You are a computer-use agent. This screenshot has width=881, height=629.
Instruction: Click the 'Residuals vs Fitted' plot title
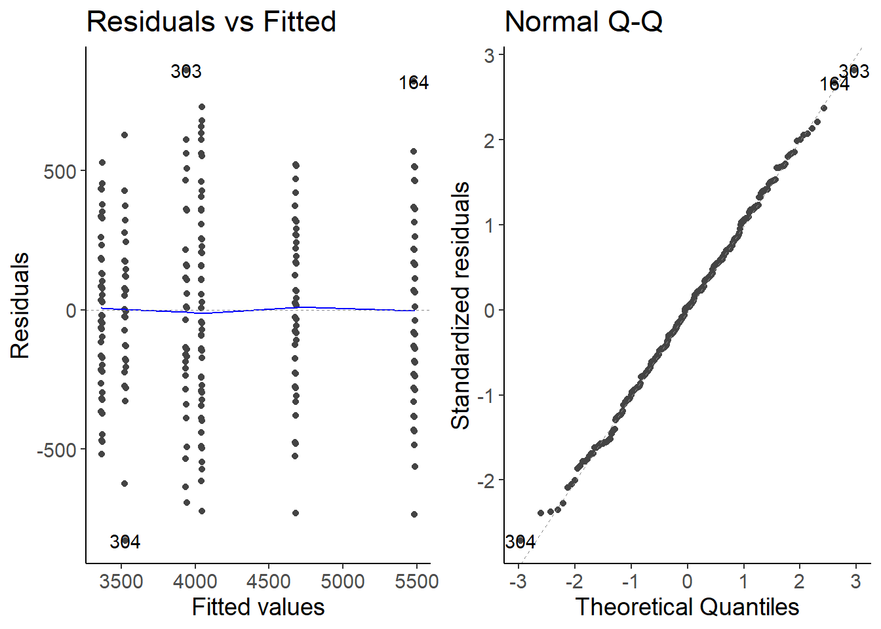click(x=211, y=22)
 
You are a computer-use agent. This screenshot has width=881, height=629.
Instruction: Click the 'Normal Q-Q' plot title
click(x=583, y=22)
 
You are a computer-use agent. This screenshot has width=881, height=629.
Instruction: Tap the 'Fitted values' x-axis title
click(x=258, y=607)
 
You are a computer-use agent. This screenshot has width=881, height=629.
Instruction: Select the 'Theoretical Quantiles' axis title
click(x=687, y=607)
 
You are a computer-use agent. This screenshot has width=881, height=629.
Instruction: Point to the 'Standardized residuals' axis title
click(x=461, y=305)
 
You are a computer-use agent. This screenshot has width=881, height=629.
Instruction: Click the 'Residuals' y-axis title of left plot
click(x=20, y=305)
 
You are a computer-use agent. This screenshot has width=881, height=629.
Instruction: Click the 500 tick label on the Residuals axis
click(x=60, y=172)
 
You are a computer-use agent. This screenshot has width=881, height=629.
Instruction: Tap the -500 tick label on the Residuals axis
click(x=56, y=450)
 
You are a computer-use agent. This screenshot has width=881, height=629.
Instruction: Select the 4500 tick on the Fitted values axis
click(x=269, y=581)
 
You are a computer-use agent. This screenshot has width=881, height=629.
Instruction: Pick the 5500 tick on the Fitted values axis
click(x=416, y=581)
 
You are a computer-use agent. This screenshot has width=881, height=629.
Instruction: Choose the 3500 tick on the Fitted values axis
click(x=122, y=581)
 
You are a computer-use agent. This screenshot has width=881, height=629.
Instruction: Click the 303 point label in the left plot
click(x=186, y=71)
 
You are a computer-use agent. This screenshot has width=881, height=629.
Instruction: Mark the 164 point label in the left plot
click(x=414, y=83)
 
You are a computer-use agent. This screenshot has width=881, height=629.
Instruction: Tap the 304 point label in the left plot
click(x=125, y=542)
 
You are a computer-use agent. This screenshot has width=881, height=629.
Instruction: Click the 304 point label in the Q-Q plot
click(x=520, y=542)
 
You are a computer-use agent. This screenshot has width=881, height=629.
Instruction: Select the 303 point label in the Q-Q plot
click(x=853, y=71)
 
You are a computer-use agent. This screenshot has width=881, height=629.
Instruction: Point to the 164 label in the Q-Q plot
click(x=834, y=84)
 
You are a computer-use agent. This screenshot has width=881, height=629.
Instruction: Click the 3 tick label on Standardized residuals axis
click(x=490, y=56)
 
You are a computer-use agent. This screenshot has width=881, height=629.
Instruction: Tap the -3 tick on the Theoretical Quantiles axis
click(x=518, y=581)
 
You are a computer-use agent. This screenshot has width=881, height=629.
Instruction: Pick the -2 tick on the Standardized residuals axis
click(x=486, y=481)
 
